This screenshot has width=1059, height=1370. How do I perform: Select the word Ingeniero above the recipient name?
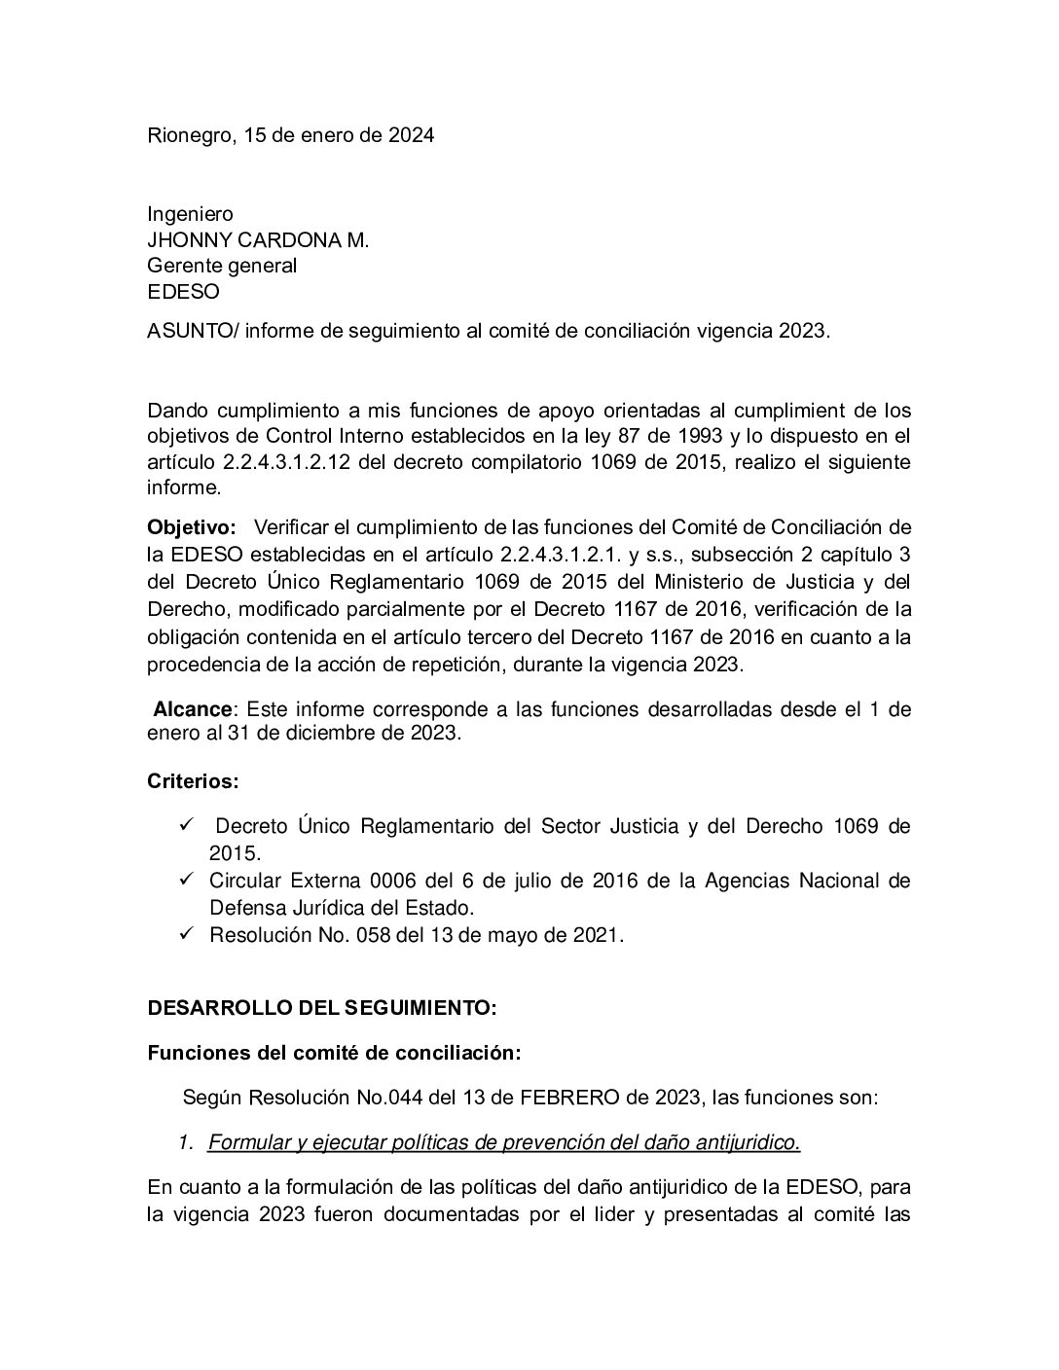tap(190, 214)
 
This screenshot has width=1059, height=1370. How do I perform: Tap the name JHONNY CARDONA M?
tap(258, 239)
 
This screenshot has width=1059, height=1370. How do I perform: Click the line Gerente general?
tap(222, 265)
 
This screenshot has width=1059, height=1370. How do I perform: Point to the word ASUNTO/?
tap(192, 331)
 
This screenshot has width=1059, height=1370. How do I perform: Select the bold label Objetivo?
tap(192, 527)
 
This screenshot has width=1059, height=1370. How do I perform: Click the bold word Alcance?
tap(193, 708)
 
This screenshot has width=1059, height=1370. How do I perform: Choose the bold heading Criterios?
tap(193, 781)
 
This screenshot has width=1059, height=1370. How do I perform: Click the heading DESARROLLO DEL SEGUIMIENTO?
tap(321, 1008)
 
